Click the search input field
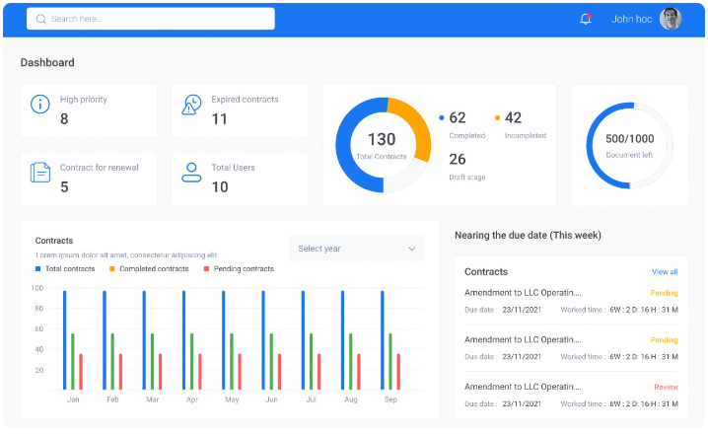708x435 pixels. pos(150,19)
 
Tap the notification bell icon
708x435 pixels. pos(586,19)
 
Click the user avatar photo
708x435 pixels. pos(671,19)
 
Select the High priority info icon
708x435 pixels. pos(40,104)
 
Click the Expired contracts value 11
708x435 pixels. pos(220,118)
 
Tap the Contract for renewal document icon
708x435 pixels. pos(40,172)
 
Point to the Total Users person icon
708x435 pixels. pos(191,172)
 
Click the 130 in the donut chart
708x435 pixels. pos(382,139)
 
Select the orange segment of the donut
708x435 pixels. pos(413,125)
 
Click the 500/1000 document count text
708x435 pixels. pos(629,139)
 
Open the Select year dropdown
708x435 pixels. pos(357,249)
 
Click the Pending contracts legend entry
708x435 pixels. pos(239,268)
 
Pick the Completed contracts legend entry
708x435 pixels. pos(149,268)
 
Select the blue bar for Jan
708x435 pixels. pos(64,340)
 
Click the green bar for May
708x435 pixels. pos(232,361)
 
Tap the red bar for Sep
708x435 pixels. pos(398,372)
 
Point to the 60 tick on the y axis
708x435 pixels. pos(39,328)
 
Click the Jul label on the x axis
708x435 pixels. pos(311,399)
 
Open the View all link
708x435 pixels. pos(665,272)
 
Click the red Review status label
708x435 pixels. pos(666,387)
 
